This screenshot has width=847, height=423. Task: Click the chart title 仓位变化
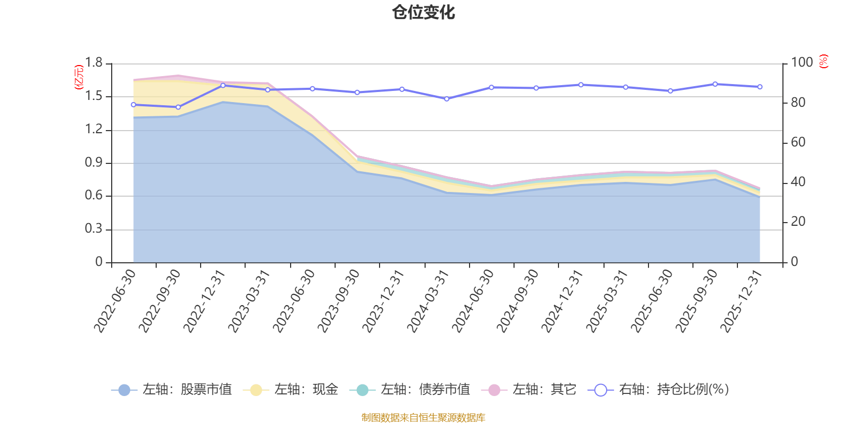(424, 12)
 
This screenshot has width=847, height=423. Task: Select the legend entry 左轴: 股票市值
(172, 390)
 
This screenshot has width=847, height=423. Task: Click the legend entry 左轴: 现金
(291, 390)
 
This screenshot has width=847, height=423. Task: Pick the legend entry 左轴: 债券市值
(410, 390)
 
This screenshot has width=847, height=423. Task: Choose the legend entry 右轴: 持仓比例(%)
(659, 390)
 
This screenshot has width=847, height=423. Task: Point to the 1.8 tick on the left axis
(94, 63)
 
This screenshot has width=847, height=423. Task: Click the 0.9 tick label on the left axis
(94, 163)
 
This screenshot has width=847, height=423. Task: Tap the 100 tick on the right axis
(801, 63)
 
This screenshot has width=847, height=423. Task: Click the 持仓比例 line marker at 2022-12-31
(223, 85)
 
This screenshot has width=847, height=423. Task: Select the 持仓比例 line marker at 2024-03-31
(446, 99)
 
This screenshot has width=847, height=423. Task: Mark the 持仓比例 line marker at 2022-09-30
(178, 107)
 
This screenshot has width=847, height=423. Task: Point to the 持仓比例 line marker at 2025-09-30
(715, 84)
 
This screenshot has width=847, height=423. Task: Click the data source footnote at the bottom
(424, 418)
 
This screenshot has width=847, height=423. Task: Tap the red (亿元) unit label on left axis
(78, 77)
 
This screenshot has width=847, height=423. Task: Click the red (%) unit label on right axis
(823, 61)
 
